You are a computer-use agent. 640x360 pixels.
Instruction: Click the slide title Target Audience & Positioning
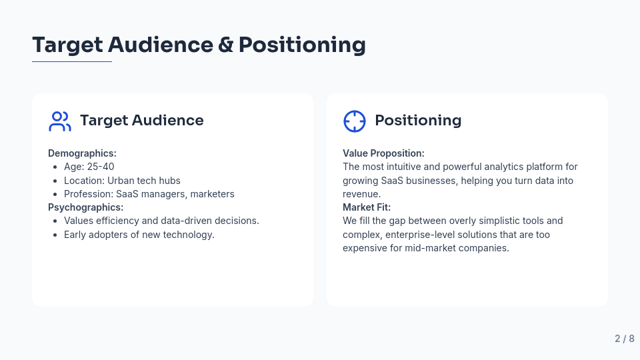199,45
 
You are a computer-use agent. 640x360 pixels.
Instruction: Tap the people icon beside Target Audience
59,121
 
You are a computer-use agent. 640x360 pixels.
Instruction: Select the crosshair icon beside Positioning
354,121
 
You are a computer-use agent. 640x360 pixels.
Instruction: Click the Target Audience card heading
141,121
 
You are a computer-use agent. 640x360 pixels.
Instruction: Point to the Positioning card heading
417,121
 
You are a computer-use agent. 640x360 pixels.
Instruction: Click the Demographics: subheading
82,153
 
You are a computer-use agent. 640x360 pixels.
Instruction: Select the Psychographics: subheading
85,207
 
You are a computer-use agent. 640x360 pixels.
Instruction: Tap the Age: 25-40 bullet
89,167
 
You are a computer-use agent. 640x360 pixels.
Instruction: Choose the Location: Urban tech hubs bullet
122,181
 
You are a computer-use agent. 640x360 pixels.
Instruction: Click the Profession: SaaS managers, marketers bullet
149,194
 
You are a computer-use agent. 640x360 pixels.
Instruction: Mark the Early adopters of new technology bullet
139,235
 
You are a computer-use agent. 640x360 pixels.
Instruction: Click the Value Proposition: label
383,153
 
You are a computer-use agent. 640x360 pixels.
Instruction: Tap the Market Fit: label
367,207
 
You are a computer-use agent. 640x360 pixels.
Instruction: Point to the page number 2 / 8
624,339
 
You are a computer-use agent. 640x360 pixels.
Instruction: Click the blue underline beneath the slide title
72,62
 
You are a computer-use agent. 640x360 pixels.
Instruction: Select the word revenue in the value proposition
361,194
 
